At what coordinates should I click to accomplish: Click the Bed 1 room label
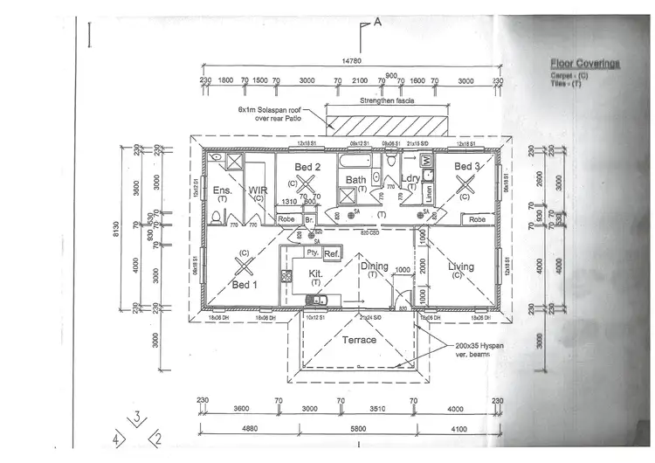245,284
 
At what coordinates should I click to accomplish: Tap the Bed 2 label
307,166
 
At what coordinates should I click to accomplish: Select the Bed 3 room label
467,166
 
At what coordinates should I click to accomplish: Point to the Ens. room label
221,190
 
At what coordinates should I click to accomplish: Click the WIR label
259,190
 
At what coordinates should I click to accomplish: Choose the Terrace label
358,339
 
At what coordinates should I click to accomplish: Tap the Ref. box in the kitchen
331,253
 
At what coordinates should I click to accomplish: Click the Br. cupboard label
309,219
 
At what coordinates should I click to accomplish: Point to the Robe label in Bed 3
477,219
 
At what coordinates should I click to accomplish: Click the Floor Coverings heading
584,64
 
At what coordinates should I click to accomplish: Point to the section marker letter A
377,24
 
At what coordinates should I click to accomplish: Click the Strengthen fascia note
388,100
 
